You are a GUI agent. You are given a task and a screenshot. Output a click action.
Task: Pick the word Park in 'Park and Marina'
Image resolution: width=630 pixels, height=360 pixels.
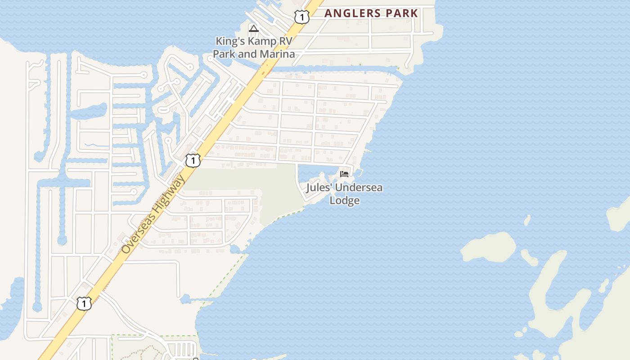[224, 54]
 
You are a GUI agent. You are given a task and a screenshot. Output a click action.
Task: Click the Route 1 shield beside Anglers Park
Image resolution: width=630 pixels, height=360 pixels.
[301, 17]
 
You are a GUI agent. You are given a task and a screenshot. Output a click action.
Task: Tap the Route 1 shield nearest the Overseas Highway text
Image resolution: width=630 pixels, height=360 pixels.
[193, 160]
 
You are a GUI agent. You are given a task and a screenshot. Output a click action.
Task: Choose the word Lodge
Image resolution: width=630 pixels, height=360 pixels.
[344, 200]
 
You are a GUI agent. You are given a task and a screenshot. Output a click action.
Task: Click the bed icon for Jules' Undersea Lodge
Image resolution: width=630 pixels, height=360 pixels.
[344, 174]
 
